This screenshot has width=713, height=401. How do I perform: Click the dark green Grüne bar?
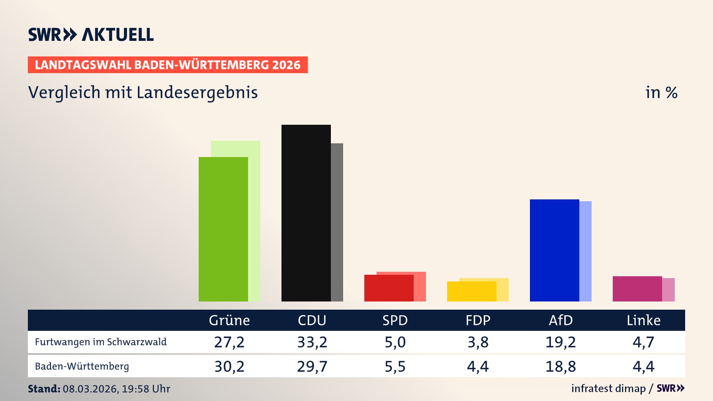pos(223,229)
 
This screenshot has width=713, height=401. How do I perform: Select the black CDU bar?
pos(306,213)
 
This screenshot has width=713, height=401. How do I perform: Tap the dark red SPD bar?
pos(389,288)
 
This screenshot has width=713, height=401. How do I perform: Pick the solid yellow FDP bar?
pos(472,291)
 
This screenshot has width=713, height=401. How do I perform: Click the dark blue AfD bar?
pos(554,250)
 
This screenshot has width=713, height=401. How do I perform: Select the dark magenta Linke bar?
pos(637,289)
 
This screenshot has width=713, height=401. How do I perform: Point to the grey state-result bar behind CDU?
pos(337,223)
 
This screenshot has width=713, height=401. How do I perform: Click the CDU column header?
pos(312,320)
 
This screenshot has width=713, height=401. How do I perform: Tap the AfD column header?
pos(561,320)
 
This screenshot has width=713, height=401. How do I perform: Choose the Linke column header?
pos(644,320)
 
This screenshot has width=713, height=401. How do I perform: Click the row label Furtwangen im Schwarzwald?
pos(101,342)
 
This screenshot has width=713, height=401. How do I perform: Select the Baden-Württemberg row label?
pos(82,366)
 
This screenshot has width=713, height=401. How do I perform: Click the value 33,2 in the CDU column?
pos(312,342)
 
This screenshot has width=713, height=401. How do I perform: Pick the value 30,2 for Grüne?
pos(229,366)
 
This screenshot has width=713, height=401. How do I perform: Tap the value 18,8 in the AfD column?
pos(561,366)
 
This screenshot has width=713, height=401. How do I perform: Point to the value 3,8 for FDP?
pos(478,342)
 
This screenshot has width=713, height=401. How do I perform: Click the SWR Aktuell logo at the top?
pos(91,35)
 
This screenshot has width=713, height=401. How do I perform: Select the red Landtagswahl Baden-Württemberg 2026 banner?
pos(167,65)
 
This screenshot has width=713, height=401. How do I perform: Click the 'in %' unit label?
pos(661,92)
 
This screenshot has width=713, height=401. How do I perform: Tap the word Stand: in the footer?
pos(44,389)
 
